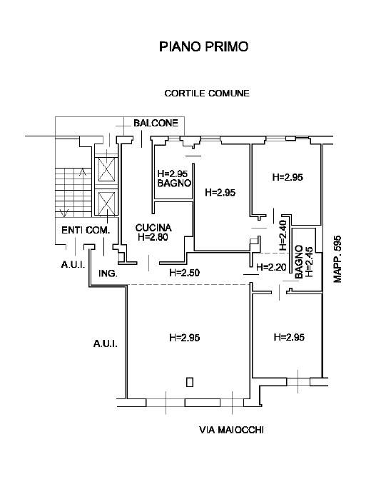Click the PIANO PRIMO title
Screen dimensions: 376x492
point(204,46)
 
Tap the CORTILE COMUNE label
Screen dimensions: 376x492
point(207,94)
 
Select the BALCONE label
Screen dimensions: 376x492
point(156,123)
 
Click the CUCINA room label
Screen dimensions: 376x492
point(153,228)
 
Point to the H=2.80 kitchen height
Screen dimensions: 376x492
point(153,237)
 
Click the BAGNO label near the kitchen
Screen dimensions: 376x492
point(174,184)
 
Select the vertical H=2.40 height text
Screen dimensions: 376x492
point(283,235)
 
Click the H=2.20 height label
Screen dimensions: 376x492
point(271,267)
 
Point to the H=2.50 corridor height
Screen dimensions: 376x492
point(184,273)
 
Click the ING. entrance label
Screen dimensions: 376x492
point(108,273)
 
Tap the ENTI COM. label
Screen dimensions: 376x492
point(86,231)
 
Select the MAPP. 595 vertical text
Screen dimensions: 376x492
point(337,259)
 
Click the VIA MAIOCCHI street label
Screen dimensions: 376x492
point(231,430)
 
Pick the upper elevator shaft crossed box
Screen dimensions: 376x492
point(106,169)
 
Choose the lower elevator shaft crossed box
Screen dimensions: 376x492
point(106,204)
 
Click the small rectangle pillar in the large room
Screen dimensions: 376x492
point(190,382)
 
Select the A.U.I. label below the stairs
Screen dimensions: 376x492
point(73,265)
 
